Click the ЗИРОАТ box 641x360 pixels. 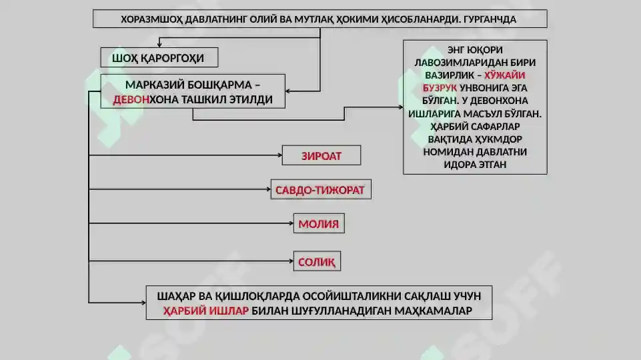[x=322, y=155]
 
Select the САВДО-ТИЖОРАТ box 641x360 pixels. [x=321, y=189]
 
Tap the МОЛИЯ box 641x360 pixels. [x=319, y=223]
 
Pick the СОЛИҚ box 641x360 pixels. [x=317, y=261]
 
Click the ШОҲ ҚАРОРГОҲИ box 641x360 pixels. [x=159, y=57]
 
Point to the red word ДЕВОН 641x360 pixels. [x=131, y=100]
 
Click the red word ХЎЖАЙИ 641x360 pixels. [x=504, y=75]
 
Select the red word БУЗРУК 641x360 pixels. [x=440, y=88]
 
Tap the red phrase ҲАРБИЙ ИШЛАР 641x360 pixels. [x=206, y=311]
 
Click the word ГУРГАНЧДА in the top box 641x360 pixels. [x=490, y=19]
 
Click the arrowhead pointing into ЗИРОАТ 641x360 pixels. [x=279, y=155]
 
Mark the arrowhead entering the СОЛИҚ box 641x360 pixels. [x=291, y=261]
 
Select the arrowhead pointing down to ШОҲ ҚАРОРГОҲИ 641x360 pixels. [x=159, y=45]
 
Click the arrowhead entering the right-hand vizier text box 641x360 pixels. [x=401, y=107]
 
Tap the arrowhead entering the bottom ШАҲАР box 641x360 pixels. [x=143, y=303]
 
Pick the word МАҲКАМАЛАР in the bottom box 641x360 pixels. [x=434, y=311]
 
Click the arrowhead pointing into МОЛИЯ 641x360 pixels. [x=291, y=223]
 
